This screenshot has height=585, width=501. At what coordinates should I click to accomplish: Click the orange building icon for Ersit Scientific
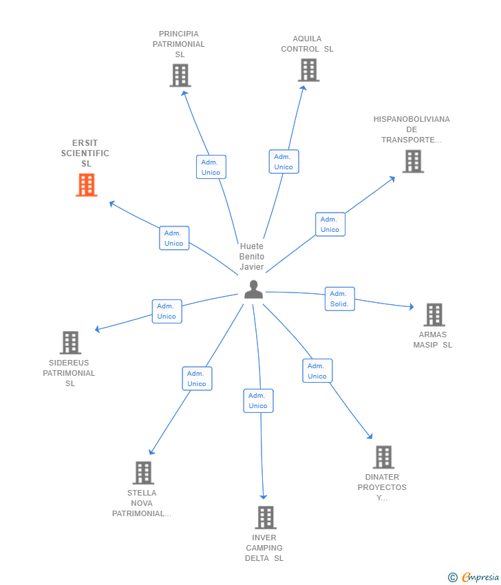tap(87, 184)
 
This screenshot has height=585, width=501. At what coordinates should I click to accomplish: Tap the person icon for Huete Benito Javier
tap(254, 289)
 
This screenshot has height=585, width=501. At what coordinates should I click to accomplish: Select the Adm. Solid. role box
tap(339, 299)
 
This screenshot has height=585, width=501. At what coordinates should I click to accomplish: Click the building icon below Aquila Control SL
tap(308, 70)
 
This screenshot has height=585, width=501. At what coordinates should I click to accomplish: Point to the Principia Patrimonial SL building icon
tap(180, 76)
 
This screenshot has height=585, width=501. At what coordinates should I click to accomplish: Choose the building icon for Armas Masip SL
tap(434, 315)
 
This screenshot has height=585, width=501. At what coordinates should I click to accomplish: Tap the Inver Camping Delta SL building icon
tap(266, 518)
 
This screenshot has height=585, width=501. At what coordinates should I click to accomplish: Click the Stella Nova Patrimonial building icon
tap(143, 473)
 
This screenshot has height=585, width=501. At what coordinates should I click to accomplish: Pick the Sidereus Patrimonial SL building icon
tap(70, 343)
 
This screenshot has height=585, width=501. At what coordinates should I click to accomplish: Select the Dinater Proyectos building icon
tap(383, 457)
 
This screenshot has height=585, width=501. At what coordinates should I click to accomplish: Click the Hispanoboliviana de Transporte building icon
tap(413, 161)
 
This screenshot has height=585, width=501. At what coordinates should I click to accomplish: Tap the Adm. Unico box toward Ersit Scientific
tap(174, 238)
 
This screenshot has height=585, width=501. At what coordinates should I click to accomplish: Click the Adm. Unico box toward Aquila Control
tap(284, 162)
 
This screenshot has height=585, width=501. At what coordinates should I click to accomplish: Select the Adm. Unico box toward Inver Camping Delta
tap(258, 401)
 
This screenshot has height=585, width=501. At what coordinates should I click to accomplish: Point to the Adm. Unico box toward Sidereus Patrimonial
tap(167, 311)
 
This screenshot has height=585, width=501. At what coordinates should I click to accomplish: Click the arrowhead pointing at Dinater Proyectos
tap(370, 436)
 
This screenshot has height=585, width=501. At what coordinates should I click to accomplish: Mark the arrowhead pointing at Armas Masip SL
tap(412, 307)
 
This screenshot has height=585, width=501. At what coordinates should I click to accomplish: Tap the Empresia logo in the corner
tap(473, 577)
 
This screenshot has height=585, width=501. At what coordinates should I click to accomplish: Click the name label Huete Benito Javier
tap(252, 256)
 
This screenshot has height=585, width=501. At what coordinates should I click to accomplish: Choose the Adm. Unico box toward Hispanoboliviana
tap(330, 224)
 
